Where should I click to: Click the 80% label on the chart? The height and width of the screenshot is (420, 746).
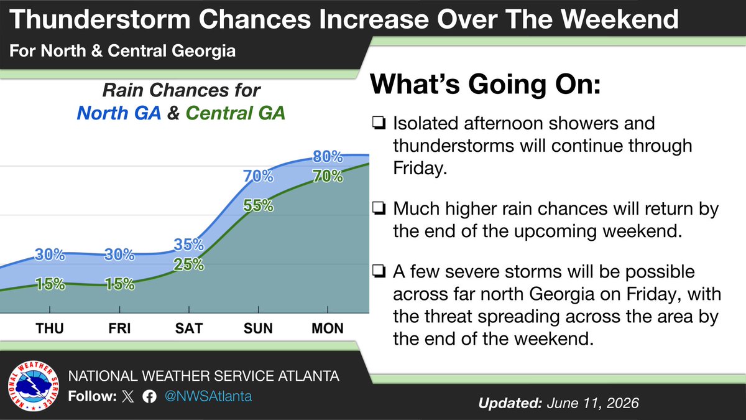[328, 157]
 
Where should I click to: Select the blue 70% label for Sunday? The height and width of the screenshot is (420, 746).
[258, 176]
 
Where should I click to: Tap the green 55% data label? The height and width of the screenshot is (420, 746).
[258, 206]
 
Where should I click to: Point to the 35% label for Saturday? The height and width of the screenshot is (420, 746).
[189, 245]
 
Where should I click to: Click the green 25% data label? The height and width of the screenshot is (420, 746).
[189, 264]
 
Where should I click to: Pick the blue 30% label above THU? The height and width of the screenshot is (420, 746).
[50, 254]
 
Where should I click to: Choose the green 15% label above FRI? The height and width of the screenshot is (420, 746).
[119, 284]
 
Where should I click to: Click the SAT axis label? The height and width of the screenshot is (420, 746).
[189, 329]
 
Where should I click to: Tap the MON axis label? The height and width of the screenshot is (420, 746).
[328, 329]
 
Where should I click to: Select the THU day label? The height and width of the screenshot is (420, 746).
[50, 329]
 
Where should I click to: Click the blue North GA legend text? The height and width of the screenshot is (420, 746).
[119, 113]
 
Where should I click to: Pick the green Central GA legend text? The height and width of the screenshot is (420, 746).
[236, 113]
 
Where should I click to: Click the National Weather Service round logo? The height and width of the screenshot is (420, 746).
[34, 386]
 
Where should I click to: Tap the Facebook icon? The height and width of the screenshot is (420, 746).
[150, 397]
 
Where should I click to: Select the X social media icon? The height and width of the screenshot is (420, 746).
[128, 397]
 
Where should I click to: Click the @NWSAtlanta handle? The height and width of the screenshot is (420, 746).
[208, 396]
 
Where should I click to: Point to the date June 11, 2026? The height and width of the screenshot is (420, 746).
[593, 403]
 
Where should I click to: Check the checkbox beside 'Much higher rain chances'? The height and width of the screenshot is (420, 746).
[379, 208]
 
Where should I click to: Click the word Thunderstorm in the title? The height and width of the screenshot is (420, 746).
[100, 19]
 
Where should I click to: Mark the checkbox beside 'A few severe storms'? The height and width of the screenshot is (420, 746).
[379, 271]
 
